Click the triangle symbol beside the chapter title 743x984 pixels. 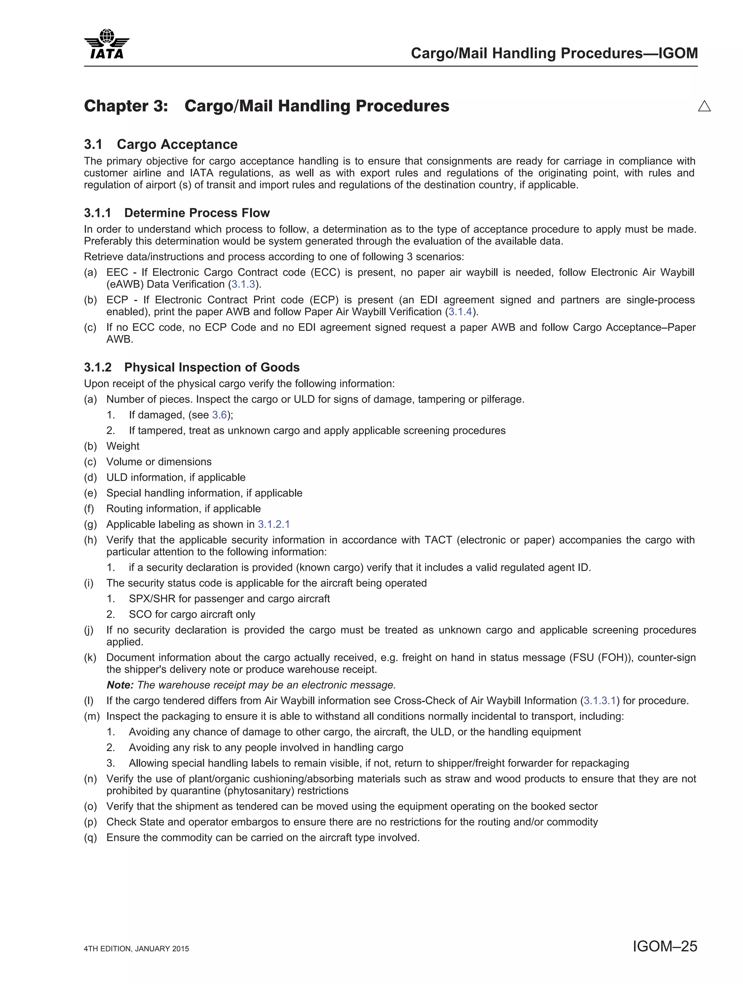[704, 106]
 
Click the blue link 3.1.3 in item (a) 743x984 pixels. [243, 284]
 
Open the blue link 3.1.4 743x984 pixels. [460, 312]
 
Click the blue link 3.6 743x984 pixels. [219, 415]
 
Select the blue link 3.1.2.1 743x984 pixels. [274, 524]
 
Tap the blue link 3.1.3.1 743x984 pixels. [599, 701]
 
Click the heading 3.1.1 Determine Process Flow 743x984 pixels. [177, 213]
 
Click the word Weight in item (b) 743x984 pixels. [123, 446]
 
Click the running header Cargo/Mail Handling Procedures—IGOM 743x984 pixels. [554, 53]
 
